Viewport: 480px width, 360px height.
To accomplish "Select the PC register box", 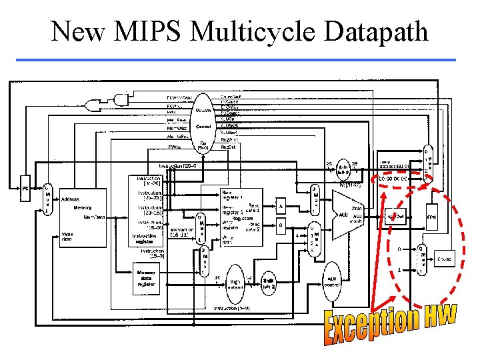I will [25, 188].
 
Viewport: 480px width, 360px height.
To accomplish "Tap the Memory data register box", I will [146, 278].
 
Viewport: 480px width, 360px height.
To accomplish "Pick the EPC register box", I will [432, 217].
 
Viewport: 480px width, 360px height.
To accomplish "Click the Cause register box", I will [444, 259].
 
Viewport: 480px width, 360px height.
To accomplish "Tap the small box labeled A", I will [281, 207].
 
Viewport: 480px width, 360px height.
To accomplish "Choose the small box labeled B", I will [281, 225].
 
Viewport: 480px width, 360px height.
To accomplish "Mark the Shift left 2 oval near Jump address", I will [345, 169].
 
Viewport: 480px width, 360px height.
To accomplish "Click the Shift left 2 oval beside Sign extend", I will [269, 283].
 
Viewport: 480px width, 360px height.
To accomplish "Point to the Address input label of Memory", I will [70, 199].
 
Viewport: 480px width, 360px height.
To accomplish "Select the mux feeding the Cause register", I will [421, 259].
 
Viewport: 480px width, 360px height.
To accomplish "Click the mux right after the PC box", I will [47, 199].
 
